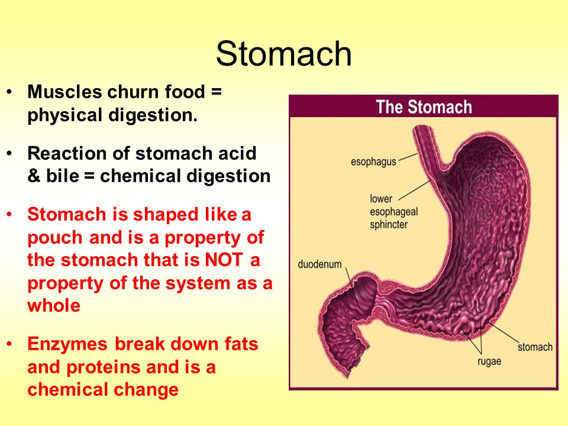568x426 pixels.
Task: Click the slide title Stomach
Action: coord(283,54)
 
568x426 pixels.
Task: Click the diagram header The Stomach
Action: coord(424,107)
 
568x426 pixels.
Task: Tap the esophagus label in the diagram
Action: coord(373,162)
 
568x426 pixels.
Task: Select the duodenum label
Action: coord(319,264)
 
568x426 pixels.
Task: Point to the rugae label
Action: coord(489,362)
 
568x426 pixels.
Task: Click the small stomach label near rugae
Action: coord(535,347)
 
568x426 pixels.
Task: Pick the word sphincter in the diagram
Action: coord(389,225)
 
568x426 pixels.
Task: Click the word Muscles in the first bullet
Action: coord(65,92)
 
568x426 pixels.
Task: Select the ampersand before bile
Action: coord(34,176)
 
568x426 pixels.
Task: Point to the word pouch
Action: coord(56,238)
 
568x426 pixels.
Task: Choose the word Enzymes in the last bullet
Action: coord(67,344)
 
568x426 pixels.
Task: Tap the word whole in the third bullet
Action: coord(54,305)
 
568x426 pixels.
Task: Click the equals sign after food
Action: coord(217,92)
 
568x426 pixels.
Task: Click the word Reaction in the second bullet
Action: coord(67,153)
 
